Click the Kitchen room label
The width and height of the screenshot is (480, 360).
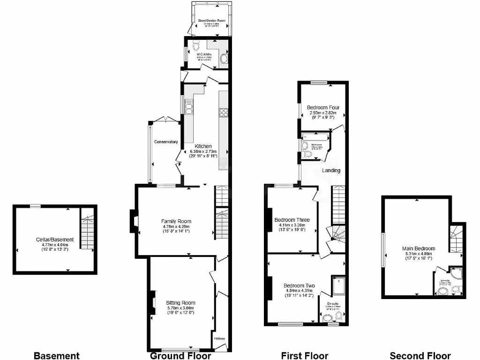tap(203, 146)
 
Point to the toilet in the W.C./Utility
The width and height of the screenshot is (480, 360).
tap(195, 46)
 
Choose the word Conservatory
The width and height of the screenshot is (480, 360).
tap(166, 142)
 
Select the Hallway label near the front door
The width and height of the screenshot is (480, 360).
tap(219, 338)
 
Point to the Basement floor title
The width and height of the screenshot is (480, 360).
tap(57, 356)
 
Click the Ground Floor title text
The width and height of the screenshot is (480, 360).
tap(173, 356)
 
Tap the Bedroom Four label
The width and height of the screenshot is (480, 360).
tap(323, 108)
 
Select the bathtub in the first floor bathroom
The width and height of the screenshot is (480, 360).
tap(315, 136)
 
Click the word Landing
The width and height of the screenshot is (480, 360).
tap(330, 170)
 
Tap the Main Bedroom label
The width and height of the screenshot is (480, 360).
tap(418, 248)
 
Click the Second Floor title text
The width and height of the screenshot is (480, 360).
tap(420, 356)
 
